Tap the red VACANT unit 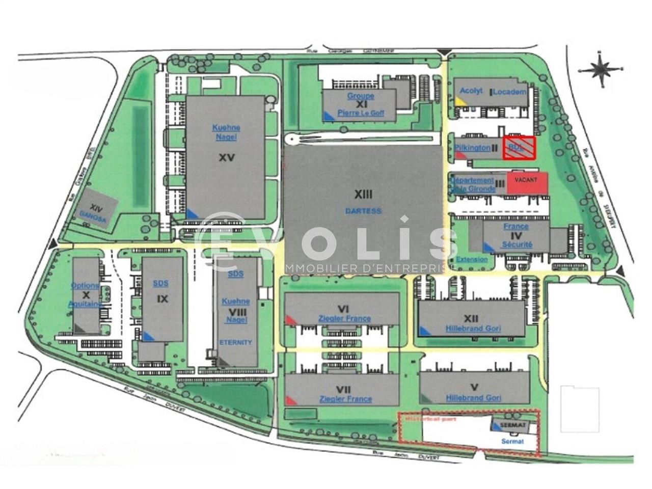[x=526, y=182]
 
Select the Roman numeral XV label [x=227, y=158]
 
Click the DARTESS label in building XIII [x=363, y=211]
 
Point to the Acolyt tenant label [x=471, y=91]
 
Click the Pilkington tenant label [x=472, y=147]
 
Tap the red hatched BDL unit [x=519, y=148]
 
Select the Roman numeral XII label [x=472, y=318]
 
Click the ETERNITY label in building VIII [x=235, y=342]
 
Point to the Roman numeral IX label [x=162, y=299]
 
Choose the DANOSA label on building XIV [x=93, y=220]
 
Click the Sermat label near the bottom [x=512, y=441]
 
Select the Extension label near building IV [x=472, y=259]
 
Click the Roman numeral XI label [x=362, y=104]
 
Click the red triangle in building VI [x=290, y=319]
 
